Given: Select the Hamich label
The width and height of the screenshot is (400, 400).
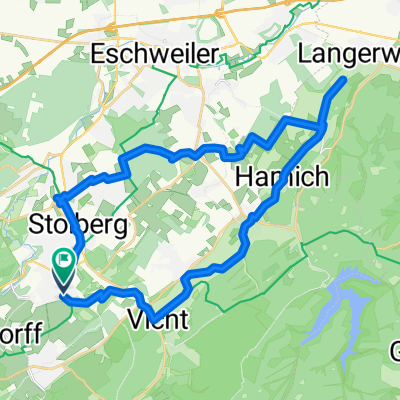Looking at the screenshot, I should coord(277,176).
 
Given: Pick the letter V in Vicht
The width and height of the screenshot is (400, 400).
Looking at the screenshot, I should coord(136,320).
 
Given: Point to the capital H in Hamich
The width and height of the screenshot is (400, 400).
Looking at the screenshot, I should coord(243,176).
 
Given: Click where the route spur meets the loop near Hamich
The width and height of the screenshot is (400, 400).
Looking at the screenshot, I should coord(322,126).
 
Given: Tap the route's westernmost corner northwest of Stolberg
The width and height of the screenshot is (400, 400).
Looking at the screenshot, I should coord(55,194).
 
